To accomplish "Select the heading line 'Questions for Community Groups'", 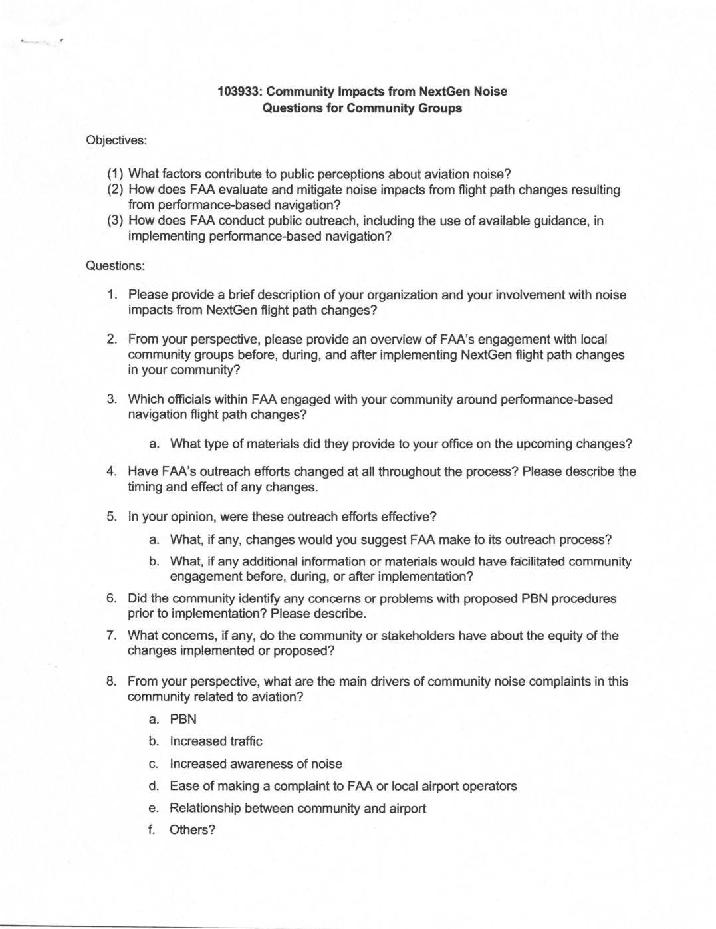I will click(x=362, y=108).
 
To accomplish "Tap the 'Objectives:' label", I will click(x=116, y=140).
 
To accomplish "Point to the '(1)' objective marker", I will click(x=116, y=174).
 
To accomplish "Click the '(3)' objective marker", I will click(x=116, y=221).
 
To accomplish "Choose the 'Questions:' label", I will click(x=115, y=265).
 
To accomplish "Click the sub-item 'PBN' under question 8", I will click(x=183, y=719).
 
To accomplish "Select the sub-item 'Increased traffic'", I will click(x=215, y=741).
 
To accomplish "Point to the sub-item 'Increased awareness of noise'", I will click(x=255, y=763).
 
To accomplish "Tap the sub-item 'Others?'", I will click(x=192, y=829).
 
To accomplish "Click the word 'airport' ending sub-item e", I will click(x=408, y=808).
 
